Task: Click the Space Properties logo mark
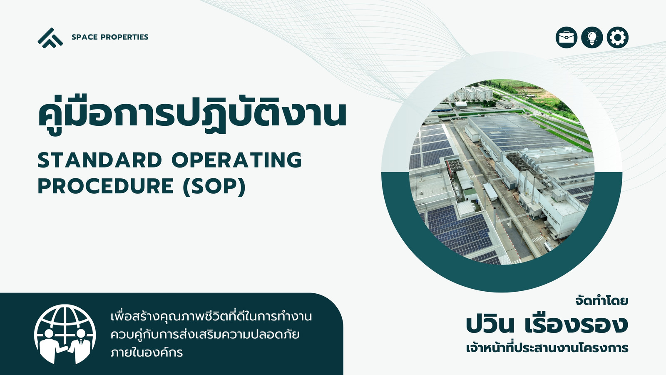[50, 38]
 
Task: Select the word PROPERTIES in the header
[124, 37]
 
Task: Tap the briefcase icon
[567, 37]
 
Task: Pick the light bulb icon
[592, 37]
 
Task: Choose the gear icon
[618, 37]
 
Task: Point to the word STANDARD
[100, 160]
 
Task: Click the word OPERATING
[237, 160]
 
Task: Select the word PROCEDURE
[106, 186]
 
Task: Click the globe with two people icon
[65, 334]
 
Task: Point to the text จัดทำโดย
[602, 301]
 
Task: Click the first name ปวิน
[490, 325]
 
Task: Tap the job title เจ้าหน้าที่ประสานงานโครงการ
[547, 347]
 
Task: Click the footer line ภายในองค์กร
[147, 352]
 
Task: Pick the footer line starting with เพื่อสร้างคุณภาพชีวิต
[211, 316]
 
